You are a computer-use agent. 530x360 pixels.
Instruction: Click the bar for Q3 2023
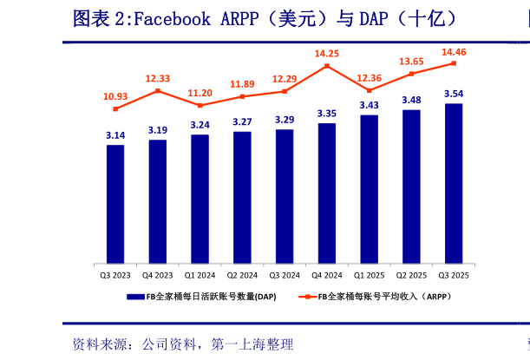coord(115,204)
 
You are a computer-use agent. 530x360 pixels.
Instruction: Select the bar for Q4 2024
coord(327,193)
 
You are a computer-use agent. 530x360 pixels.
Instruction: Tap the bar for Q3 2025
coord(454,183)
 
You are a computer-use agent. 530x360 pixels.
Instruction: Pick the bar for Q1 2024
coord(200,199)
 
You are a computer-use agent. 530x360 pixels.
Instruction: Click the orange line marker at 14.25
coord(327,65)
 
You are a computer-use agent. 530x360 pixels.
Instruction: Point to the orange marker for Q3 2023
coord(115,108)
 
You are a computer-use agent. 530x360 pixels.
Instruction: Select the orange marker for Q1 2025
coord(370,90)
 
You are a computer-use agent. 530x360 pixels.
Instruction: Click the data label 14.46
coord(454,52)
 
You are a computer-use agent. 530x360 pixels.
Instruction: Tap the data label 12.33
coord(158,78)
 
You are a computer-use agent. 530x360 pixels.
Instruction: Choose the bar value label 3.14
coord(115,135)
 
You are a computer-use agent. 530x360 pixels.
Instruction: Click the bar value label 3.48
coord(411,100)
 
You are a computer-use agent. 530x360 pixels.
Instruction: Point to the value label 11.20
coord(200,93)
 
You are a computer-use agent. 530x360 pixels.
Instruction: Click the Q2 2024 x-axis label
coord(242,275)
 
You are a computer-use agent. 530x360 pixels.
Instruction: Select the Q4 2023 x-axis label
coord(158,275)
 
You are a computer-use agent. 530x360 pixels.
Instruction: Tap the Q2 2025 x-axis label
coord(411,275)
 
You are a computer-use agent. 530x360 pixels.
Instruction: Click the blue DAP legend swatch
coord(135,297)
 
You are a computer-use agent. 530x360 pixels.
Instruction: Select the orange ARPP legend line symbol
coord(307,297)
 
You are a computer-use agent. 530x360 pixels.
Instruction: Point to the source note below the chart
coord(182,344)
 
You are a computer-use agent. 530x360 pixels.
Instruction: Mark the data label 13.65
coord(411,62)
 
